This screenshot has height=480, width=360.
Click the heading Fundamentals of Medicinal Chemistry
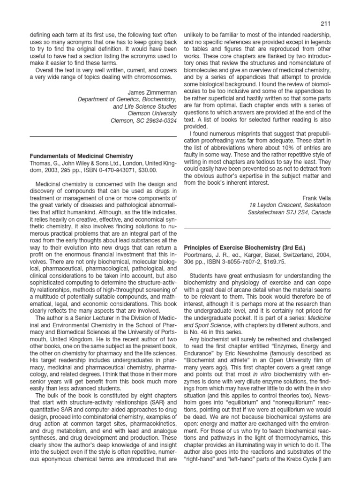[82, 156]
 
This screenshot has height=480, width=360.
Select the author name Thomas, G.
[44, 163]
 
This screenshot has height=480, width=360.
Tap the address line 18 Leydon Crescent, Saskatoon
[290, 204]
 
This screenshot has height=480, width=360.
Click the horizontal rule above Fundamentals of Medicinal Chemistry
[104, 136]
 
